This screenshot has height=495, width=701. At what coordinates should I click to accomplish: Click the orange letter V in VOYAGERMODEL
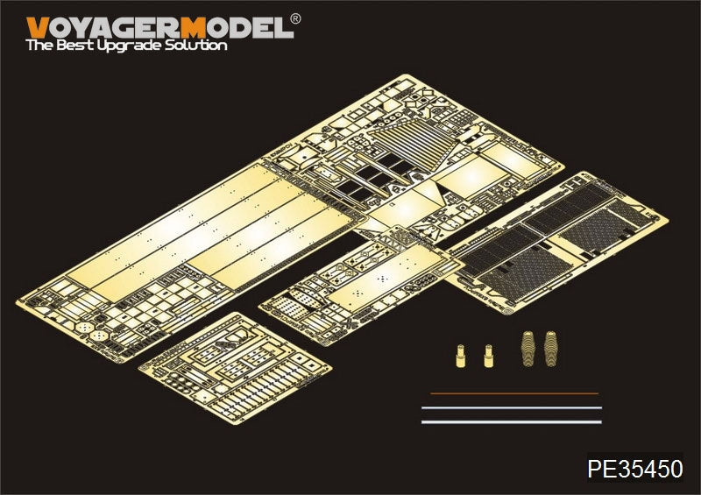coord(38,28)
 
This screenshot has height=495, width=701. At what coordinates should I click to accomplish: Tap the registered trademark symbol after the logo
coord(295,18)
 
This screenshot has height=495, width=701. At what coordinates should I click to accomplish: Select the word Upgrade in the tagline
coord(130,46)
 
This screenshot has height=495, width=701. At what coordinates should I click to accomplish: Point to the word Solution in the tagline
coord(196,46)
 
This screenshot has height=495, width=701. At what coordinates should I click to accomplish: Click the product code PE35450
coord(634,469)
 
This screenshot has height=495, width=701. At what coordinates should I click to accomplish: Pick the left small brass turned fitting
coord(461,356)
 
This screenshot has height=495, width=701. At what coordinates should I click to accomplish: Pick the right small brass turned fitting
coord(488,356)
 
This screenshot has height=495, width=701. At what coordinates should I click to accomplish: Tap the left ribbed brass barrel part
coord(528,349)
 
